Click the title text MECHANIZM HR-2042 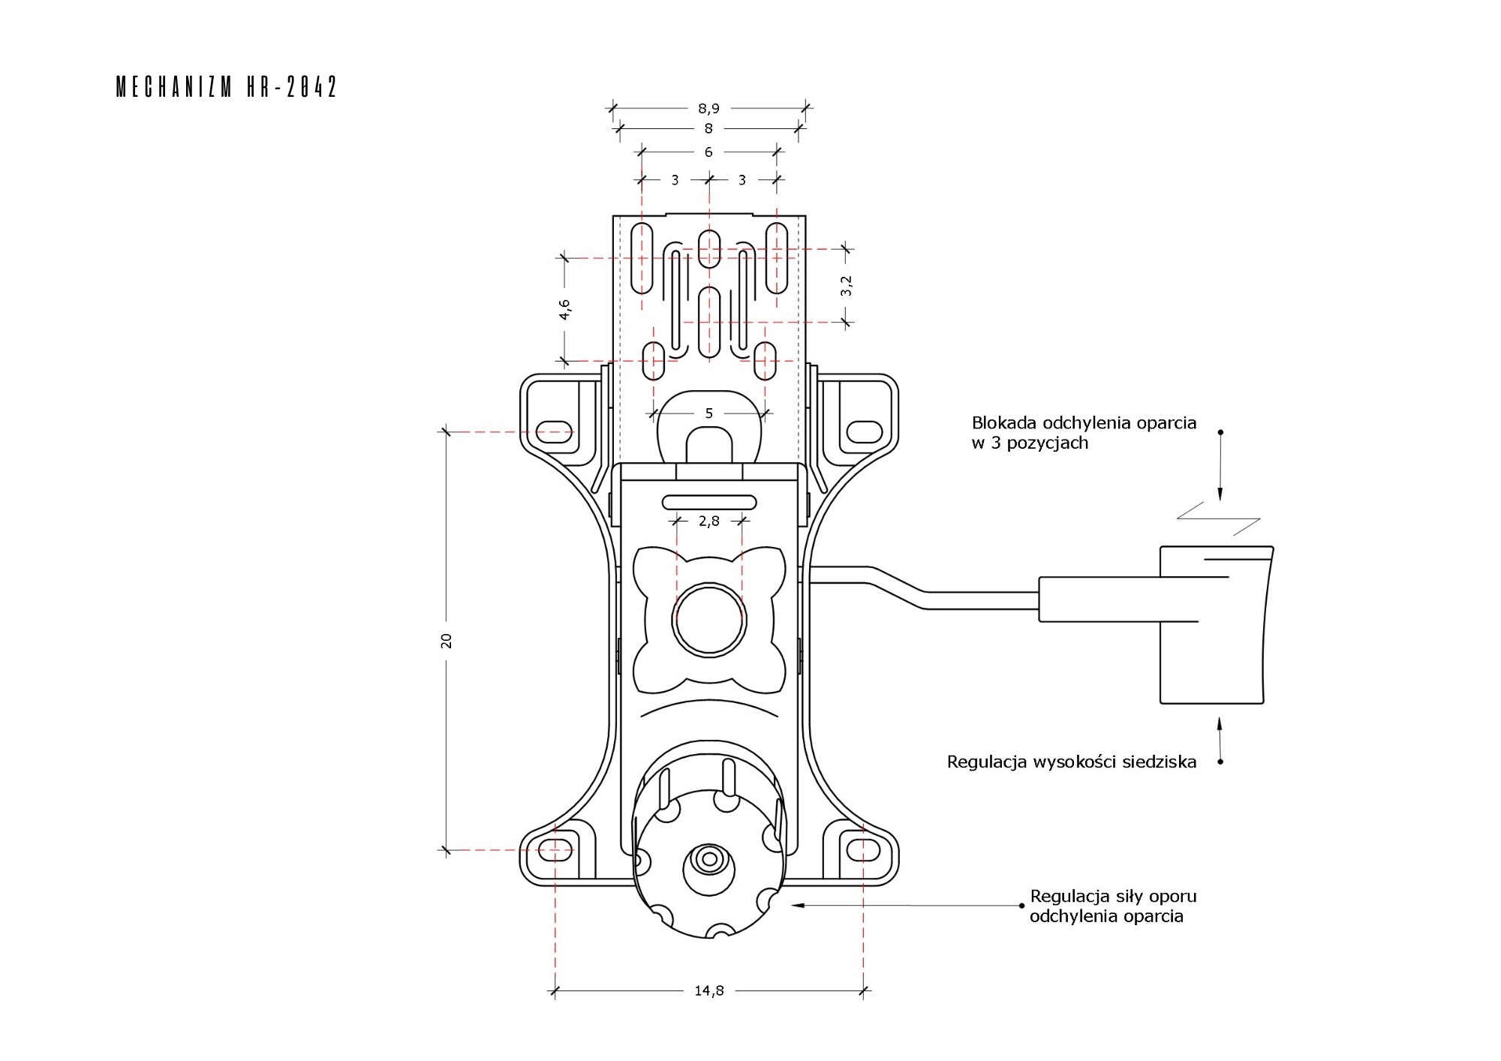227,87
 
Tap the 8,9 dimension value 708,109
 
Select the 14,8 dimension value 708,990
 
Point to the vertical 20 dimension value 447,640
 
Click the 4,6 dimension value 565,309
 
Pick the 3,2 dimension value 847,285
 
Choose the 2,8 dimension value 708,521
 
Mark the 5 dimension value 708,413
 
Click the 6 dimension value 708,152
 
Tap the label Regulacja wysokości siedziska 1071,762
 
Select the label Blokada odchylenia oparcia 1083,423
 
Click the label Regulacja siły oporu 1112,896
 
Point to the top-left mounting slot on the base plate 555,431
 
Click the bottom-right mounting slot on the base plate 864,850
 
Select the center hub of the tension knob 708,859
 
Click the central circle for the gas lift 708,620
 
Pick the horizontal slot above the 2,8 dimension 708,502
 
